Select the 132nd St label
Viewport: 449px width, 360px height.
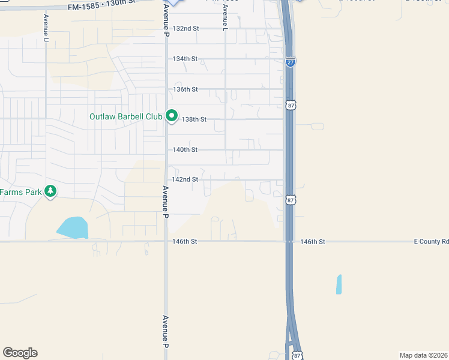(x=185, y=28)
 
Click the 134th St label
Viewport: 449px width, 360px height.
(x=185, y=59)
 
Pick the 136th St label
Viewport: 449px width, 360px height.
(x=185, y=89)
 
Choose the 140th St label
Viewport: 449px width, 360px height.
(x=185, y=149)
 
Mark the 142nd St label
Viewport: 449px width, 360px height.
(x=185, y=179)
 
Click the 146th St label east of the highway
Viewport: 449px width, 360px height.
(x=313, y=241)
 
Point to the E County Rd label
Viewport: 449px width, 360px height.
(x=431, y=241)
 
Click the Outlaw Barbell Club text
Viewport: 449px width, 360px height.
(x=125, y=116)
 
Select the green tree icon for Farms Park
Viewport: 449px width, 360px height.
(x=52, y=191)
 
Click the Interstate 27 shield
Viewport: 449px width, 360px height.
(x=290, y=62)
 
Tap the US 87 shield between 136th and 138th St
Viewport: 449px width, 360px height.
(x=291, y=105)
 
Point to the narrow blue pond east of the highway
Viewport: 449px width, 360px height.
(x=339, y=284)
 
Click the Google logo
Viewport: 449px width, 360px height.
(x=20, y=353)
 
